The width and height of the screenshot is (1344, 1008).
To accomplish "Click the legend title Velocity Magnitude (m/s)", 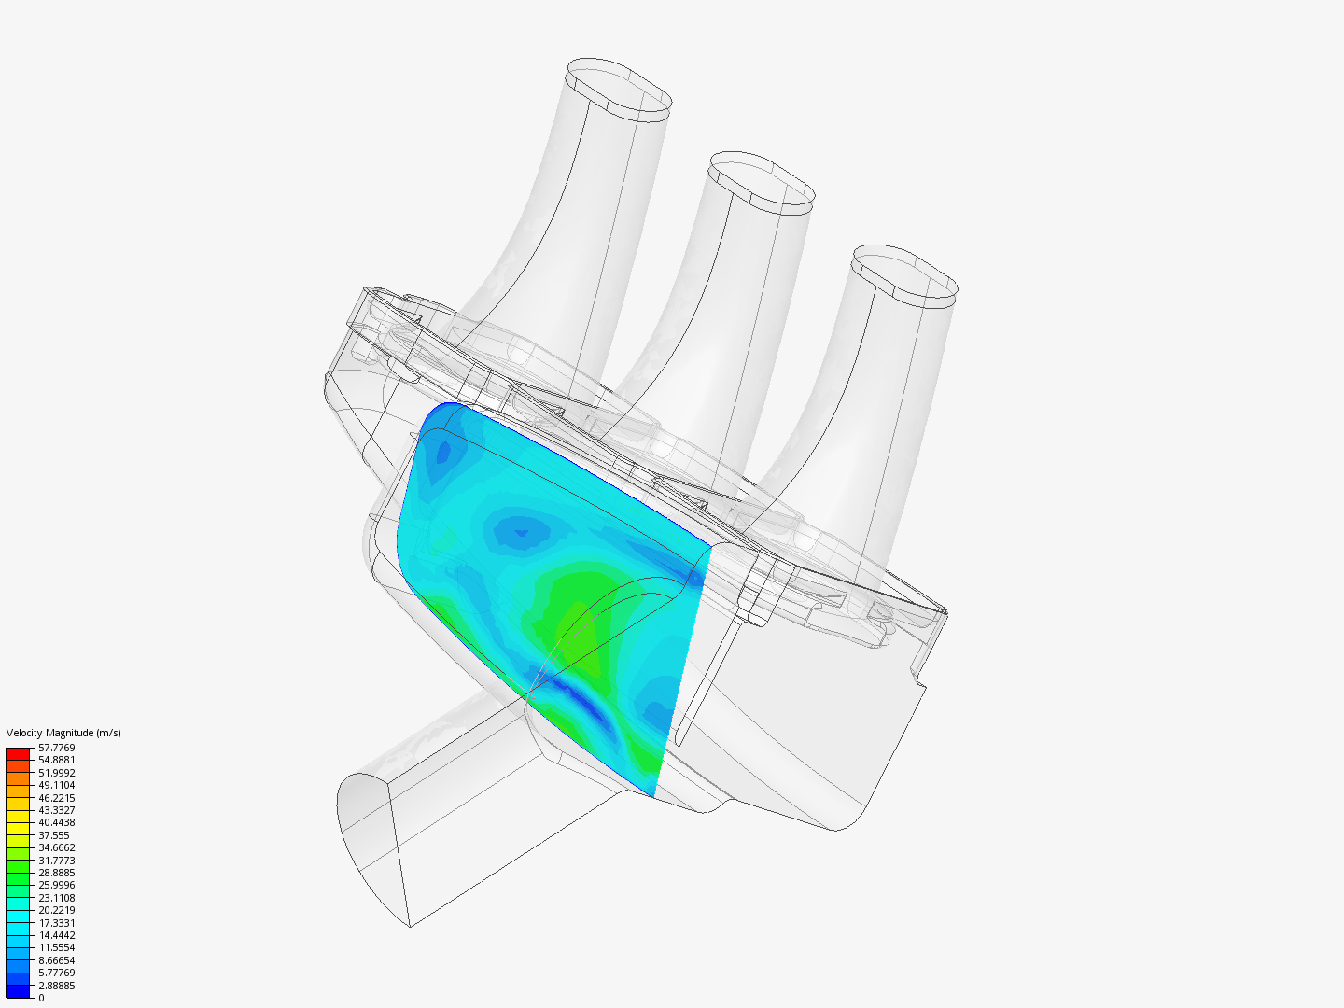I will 63,733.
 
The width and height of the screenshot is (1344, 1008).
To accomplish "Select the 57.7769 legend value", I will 56,748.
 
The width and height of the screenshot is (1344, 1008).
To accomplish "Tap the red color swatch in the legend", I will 18,753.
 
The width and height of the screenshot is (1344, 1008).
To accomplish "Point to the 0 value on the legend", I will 41,998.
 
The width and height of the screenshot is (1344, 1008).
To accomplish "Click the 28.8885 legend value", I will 56,873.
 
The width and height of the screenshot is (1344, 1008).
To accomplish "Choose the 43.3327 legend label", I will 56,810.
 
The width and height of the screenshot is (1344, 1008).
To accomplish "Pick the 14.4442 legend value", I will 56,935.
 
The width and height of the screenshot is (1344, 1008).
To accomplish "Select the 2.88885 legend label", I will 56,986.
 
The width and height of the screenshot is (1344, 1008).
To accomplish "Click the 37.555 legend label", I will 53,835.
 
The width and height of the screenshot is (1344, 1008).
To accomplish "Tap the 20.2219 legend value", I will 56,910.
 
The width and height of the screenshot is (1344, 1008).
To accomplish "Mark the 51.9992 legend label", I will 56,773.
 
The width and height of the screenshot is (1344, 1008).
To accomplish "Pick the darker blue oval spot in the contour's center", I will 521,532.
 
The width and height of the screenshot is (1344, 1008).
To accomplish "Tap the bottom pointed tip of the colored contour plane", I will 653,795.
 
